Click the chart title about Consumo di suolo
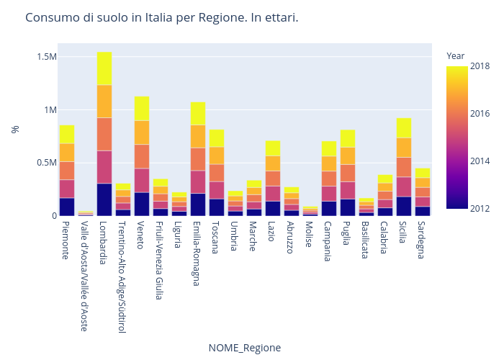[x=161, y=17]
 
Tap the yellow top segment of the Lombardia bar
[x=104, y=68]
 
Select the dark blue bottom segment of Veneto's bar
[x=142, y=204]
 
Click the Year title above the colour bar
[x=455, y=55]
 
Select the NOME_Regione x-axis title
[x=244, y=348]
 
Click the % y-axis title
[x=14, y=130]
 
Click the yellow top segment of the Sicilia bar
[x=404, y=127]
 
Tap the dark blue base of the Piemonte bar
[x=67, y=207]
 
